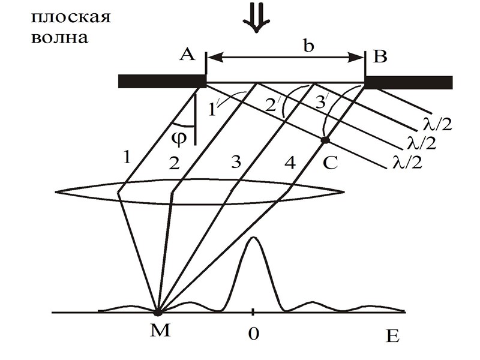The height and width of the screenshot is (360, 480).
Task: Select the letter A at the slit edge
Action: (x=187, y=56)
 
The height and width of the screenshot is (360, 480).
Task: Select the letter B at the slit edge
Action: (x=380, y=57)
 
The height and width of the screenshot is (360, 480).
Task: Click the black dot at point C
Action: (x=325, y=140)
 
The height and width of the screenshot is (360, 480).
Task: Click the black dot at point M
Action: (x=158, y=313)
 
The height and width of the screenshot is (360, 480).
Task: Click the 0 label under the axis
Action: (x=253, y=334)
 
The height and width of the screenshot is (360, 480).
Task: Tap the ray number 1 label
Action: (x=127, y=158)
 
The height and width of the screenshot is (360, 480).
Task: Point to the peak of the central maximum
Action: (x=254, y=238)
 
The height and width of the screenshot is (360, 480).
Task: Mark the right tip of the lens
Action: (x=344, y=193)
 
